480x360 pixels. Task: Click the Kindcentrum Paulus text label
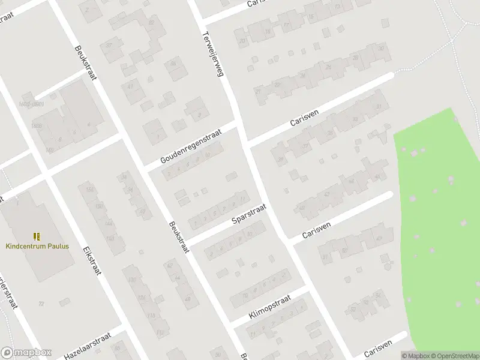pos(37,246)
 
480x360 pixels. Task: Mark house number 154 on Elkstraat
pos(90,190)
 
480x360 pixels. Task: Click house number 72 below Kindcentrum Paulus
pos(41,304)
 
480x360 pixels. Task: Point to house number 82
pos(151,22)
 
